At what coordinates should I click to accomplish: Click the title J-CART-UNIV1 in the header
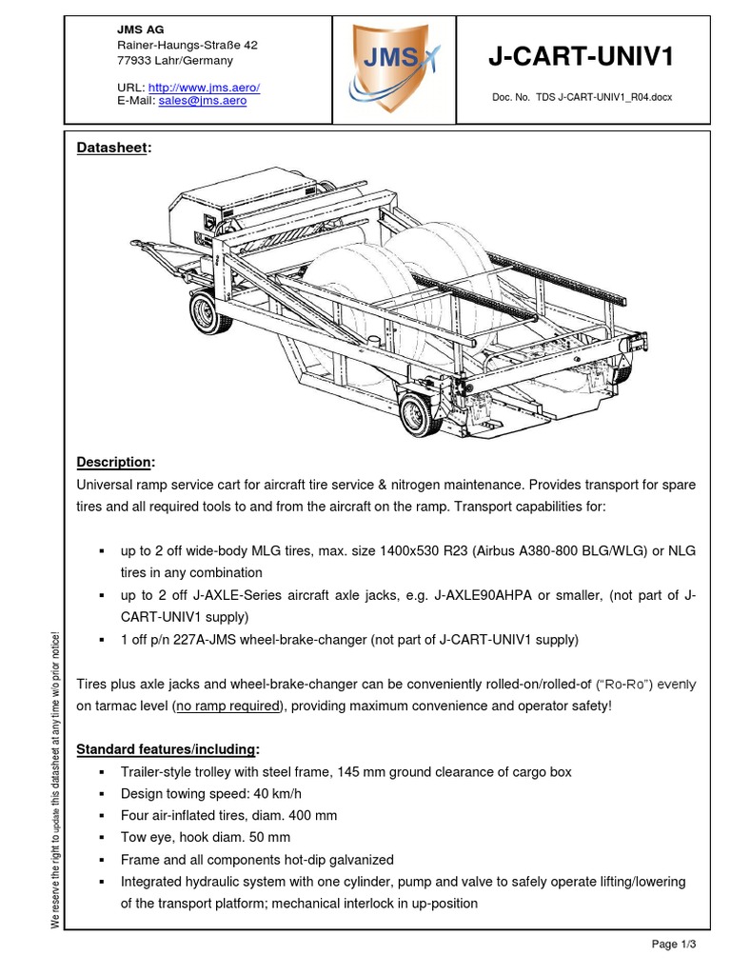[x=581, y=57]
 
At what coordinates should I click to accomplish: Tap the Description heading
[x=115, y=462]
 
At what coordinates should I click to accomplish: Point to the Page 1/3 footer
[x=674, y=944]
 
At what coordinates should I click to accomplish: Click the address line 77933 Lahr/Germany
[x=174, y=60]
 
